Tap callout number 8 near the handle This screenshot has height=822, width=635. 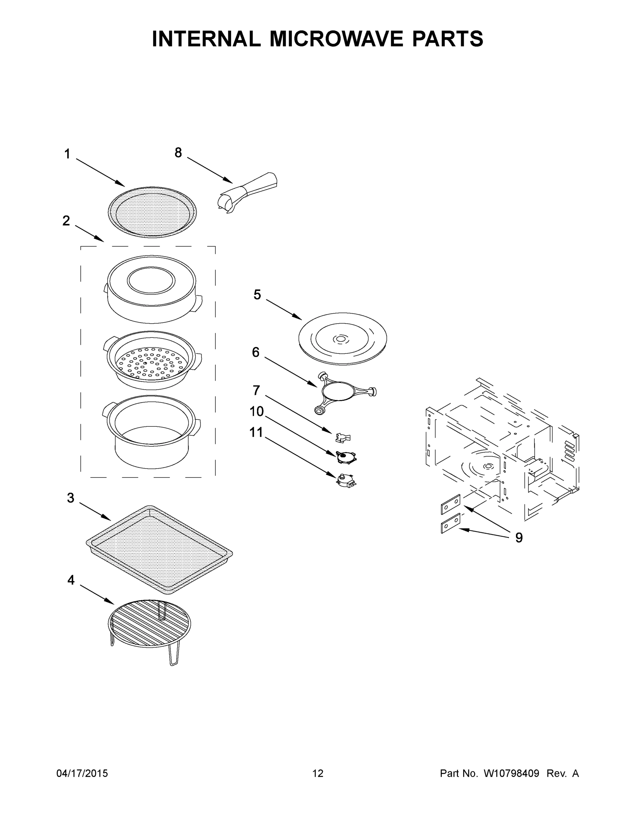pos(178,152)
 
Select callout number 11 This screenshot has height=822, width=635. pos(256,433)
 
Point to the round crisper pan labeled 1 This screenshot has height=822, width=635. pos(152,212)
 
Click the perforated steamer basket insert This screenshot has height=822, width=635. pos(152,360)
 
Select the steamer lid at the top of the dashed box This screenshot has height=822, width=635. pos(152,289)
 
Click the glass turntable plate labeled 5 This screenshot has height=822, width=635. pos(342,338)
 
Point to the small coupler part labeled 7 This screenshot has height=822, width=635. pos(343,437)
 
